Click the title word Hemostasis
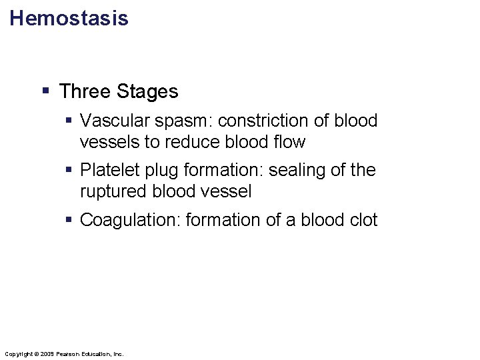[69, 18]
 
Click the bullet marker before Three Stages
[46, 91]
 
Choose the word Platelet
[105, 171]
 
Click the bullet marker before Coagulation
[69, 220]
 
